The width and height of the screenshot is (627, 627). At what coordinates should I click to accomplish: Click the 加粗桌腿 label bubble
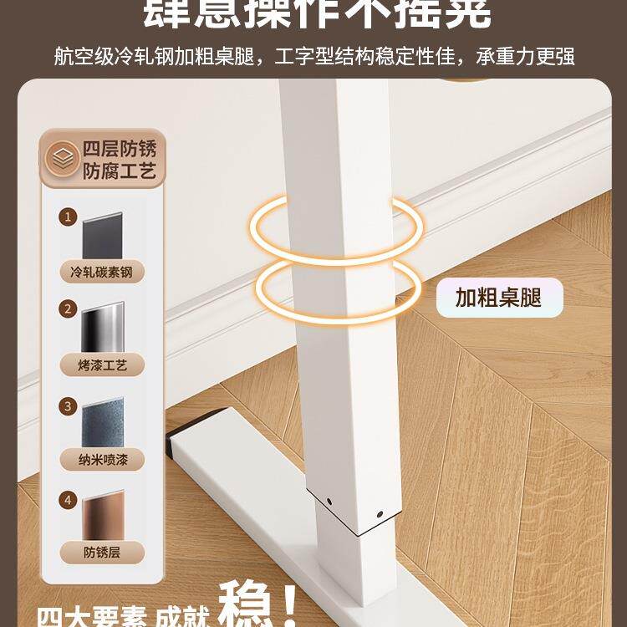(499, 297)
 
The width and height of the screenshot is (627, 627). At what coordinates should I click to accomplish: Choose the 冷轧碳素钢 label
(103, 272)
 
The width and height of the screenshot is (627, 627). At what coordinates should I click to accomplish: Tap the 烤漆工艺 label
(103, 365)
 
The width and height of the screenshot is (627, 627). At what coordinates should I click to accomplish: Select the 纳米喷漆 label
(103, 459)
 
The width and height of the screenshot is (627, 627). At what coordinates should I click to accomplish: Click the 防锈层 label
(103, 553)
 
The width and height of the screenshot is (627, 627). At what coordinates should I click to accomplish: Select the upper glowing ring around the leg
(334, 227)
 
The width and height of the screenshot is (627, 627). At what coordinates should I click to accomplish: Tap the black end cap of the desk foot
(172, 444)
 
